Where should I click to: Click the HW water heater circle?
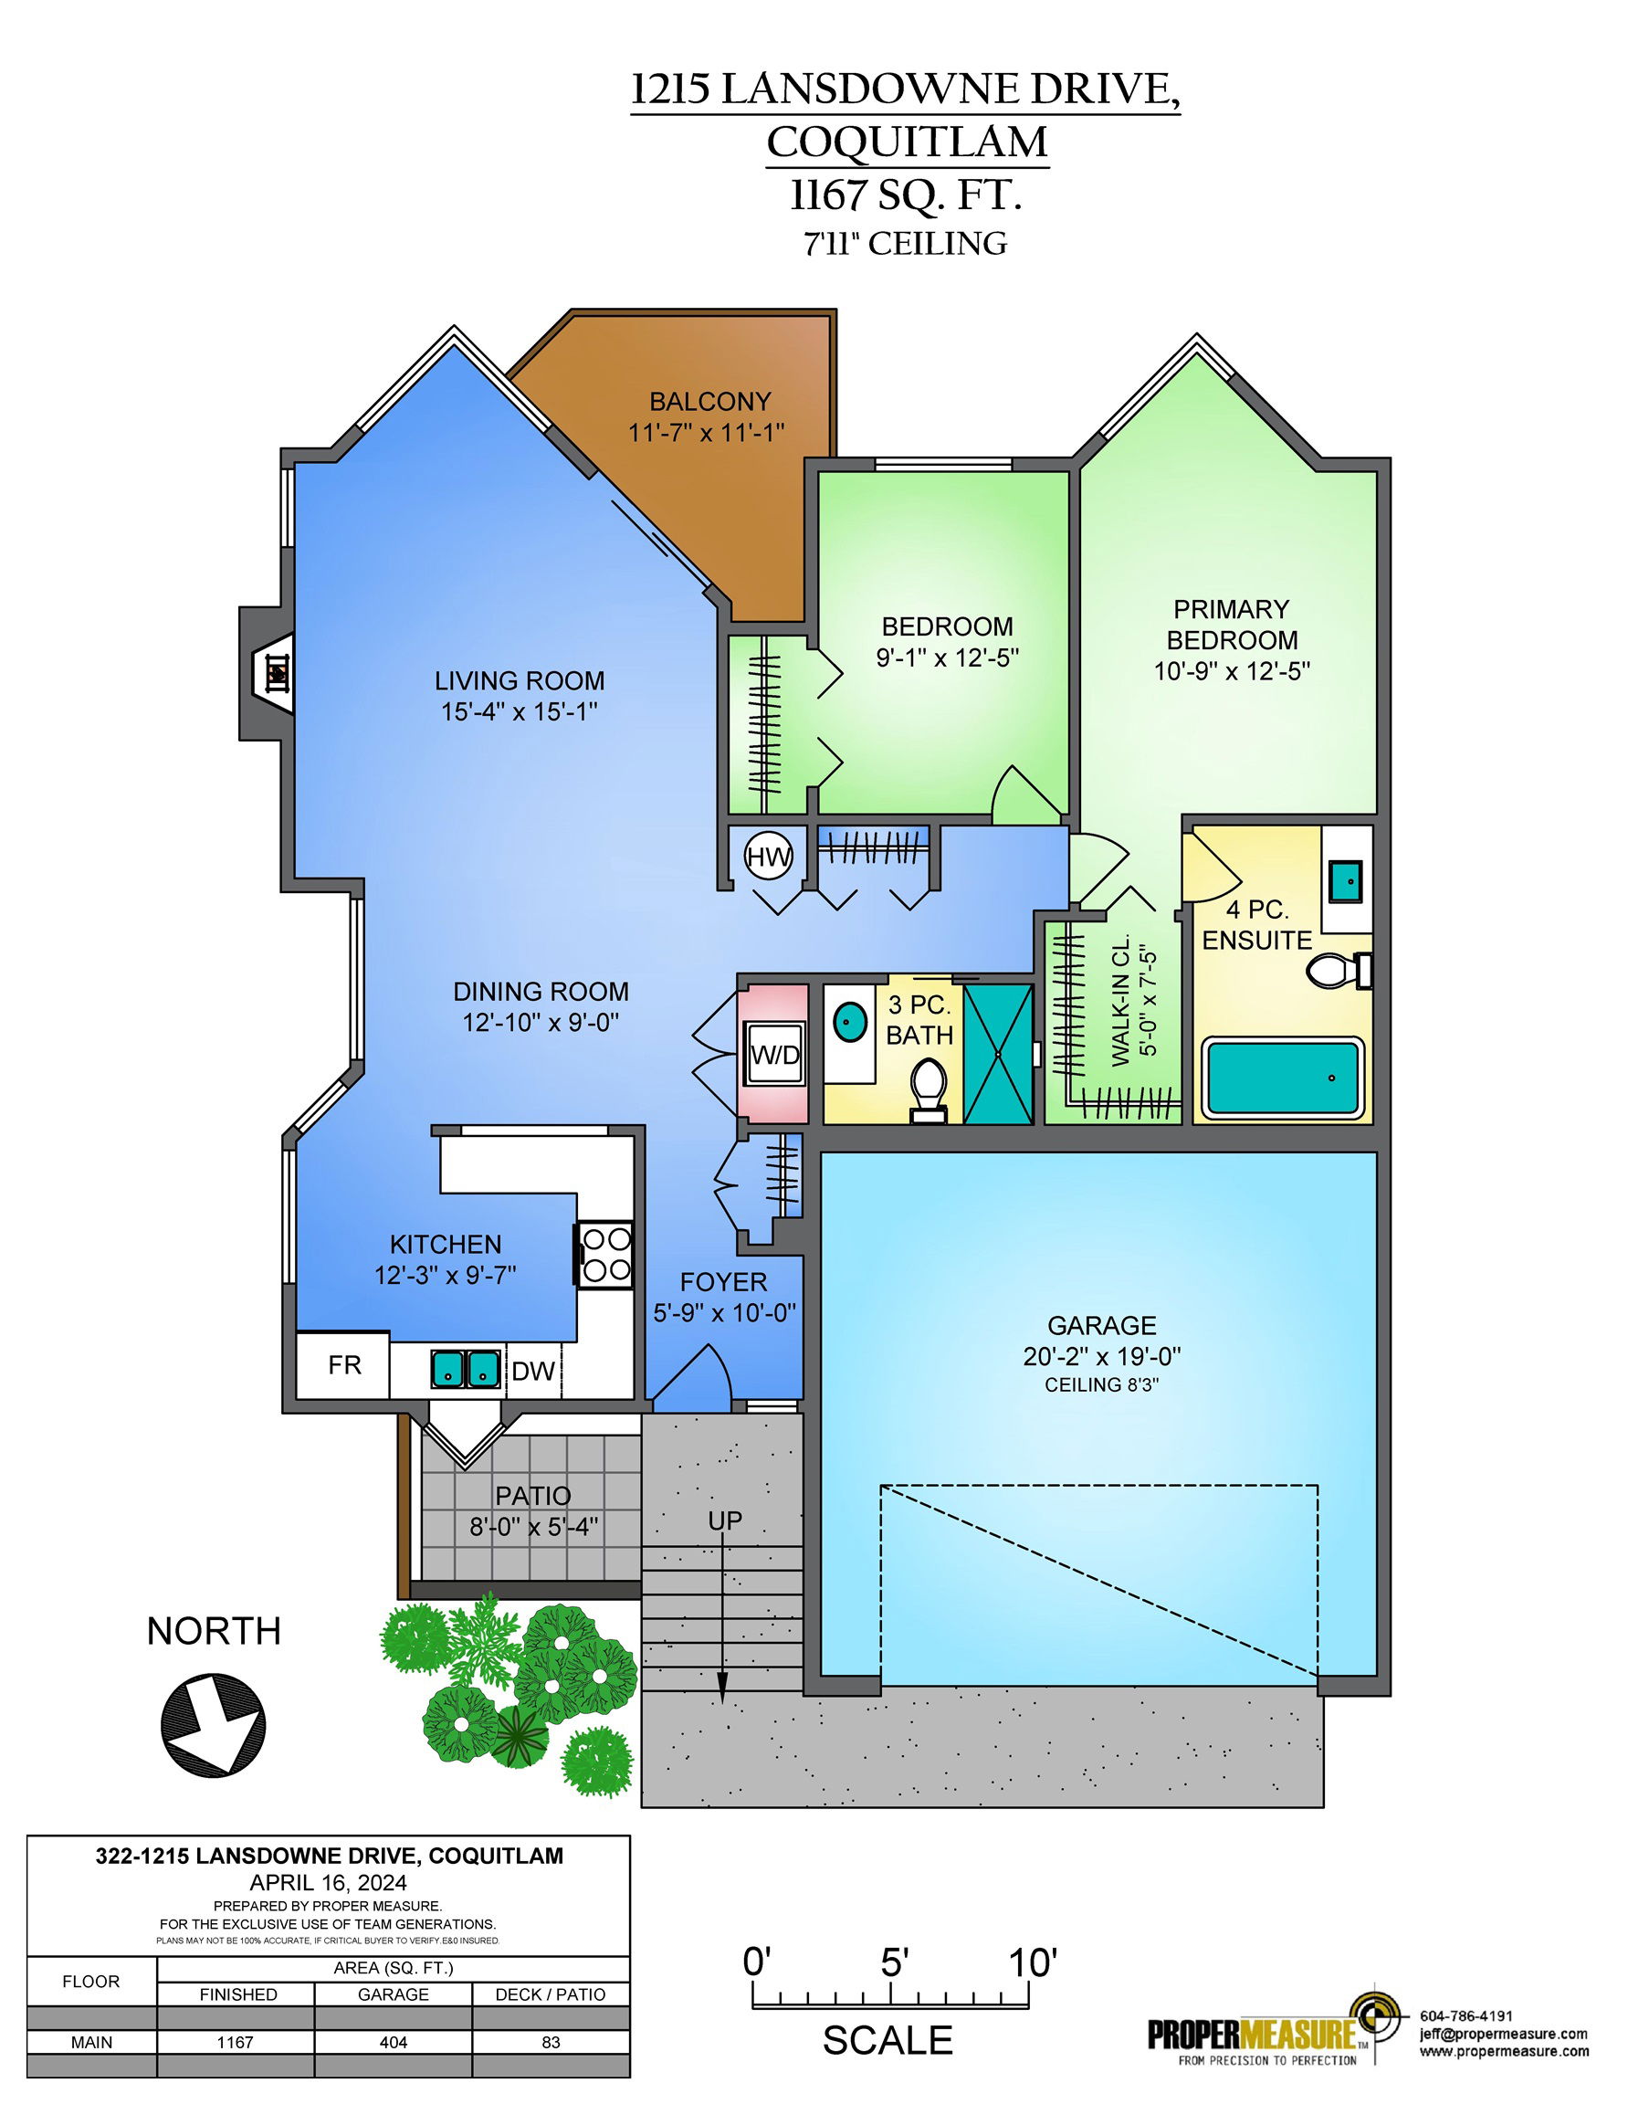[x=769, y=856]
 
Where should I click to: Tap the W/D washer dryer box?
[x=775, y=1053]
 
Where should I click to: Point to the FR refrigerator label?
[x=344, y=1365]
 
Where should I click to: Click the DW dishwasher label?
[x=532, y=1371]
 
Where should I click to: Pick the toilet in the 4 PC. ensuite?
[x=1340, y=969]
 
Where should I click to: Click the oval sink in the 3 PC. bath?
[x=848, y=1021]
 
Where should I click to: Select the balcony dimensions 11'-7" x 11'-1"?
[x=707, y=433]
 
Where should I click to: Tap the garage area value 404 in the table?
[x=393, y=2041]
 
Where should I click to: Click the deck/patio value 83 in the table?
[x=551, y=2041]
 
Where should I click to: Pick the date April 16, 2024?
[x=329, y=1882]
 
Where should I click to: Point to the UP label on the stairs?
[x=724, y=1520]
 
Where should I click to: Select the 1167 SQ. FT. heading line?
[x=906, y=195]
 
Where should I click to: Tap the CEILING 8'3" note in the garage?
[x=1101, y=1384]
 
